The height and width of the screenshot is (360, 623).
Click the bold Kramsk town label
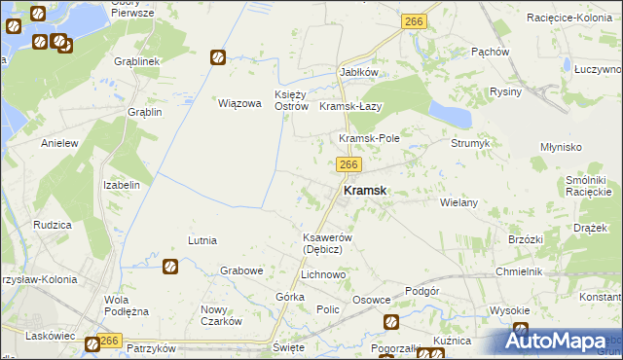[x=365, y=192]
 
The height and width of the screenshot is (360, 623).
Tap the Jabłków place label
[x=358, y=73]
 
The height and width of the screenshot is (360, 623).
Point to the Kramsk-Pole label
[x=369, y=139]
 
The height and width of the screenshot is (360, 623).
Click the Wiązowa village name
[x=239, y=103]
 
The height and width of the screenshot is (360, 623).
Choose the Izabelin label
[x=122, y=185]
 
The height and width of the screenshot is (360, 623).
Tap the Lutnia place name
[x=202, y=239]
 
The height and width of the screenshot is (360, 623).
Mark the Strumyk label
[x=470, y=143]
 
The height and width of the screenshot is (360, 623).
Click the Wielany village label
[x=458, y=202]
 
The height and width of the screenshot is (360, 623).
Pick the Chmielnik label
[x=515, y=271]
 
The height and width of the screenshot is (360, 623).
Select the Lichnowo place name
[x=323, y=275]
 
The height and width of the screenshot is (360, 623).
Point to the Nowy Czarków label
[x=221, y=315]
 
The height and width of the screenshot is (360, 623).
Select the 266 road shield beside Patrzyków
[x=109, y=341]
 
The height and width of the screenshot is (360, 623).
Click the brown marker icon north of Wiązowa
[x=219, y=57]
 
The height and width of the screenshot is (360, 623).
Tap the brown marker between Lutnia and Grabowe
[x=169, y=266]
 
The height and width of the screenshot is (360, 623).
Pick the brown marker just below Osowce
[x=391, y=322]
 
